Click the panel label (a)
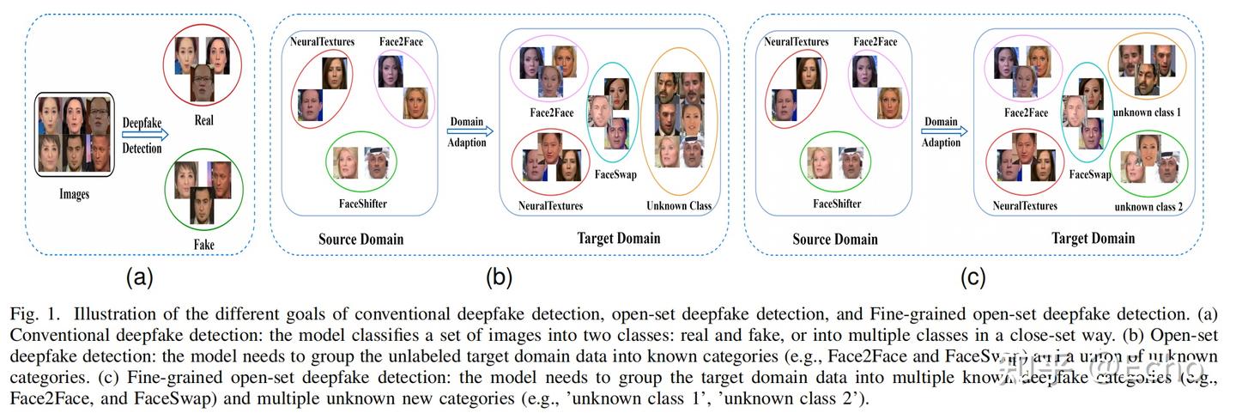coord(139,277)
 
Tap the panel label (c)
coord(972,277)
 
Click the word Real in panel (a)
coord(203,120)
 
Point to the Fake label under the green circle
coord(203,245)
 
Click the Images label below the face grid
coord(74,195)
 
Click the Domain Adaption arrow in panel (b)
coord(470,131)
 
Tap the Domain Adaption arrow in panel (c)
coord(943,131)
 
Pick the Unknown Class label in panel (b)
coord(679,206)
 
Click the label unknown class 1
coord(1148,112)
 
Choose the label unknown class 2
coord(1148,207)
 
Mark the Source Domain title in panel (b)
coord(361,239)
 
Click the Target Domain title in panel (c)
coord(1093,239)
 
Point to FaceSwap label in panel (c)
coord(1088,174)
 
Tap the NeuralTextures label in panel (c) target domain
coord(1025,206)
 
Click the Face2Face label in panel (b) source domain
coord(401,41)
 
